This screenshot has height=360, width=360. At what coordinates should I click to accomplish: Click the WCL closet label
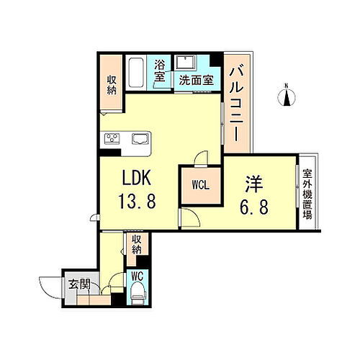pyautogui.click(x=201, y=184)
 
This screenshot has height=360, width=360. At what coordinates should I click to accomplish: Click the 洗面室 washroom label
pyautogui.click(x=196, y=81)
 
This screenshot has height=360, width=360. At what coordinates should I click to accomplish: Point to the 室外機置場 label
pyautogui.click(x=307, y=192)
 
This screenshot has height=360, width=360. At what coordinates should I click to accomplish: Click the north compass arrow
pyautogui.click(x=287, y=95)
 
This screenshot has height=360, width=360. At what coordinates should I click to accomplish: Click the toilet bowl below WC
pyautogui.click(x=138, y=294)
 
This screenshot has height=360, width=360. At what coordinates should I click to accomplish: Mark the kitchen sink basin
pyautogui.click(x=139, y=138)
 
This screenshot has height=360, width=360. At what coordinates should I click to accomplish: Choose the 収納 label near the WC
pyautogui.click(x=136, y=247)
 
